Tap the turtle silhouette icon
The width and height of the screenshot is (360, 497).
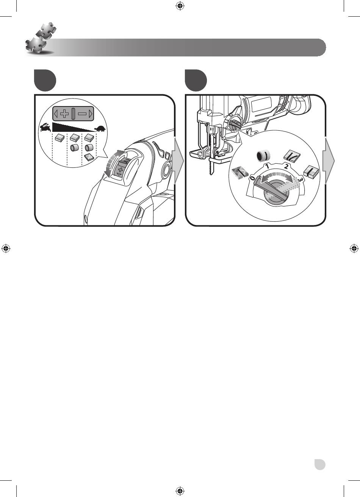[100, 129]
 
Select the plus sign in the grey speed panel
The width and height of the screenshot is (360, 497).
[64, 114]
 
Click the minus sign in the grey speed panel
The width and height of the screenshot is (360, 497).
[82, 114]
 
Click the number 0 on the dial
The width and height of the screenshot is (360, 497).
[252, 178]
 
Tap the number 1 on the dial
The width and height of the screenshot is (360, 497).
[268, 166]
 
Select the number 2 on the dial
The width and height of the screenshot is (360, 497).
[286, 166]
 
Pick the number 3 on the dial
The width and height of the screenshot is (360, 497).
[300, 179]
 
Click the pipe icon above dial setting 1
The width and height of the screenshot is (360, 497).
[263, 156]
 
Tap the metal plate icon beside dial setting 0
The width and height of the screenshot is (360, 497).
[239, 172]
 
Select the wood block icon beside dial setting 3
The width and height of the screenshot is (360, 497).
[311, 171]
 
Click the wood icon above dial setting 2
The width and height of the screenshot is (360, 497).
[292, 157]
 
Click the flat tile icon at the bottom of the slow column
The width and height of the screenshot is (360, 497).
[89, 157]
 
